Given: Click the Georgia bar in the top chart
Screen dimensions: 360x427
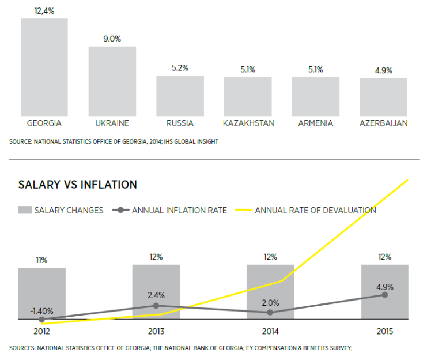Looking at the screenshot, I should click(44, 67).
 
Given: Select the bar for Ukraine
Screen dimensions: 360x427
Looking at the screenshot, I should click(112, 81).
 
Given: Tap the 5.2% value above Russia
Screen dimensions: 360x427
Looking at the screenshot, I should click(180, 67).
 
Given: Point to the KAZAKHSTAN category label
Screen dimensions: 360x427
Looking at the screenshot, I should click(248, 123).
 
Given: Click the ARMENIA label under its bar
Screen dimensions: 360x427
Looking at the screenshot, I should click(315, 123).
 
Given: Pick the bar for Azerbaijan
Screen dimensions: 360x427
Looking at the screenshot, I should click(383, 97).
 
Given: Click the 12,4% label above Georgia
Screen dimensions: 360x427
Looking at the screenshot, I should click(44, 10).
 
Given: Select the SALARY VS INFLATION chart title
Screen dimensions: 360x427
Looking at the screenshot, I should click(78, 185).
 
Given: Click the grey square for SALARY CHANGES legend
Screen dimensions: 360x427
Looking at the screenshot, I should click(25, 210).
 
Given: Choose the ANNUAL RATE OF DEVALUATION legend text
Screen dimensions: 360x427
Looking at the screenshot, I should click(315, 210).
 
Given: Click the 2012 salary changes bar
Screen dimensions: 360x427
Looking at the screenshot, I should click(41, 293).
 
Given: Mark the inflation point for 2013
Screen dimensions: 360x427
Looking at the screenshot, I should click(156, 305).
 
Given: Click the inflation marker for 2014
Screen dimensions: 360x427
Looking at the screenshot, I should click(270, 312).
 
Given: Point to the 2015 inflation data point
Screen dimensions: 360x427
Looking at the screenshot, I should click(385, 295).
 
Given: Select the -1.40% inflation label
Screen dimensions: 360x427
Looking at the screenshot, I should click(41, 310).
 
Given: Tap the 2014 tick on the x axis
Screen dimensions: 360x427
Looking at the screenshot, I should click(270, 331).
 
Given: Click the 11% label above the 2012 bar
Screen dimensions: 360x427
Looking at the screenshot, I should click(41, 260).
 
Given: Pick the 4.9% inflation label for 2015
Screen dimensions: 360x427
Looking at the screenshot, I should click(384, 284).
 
